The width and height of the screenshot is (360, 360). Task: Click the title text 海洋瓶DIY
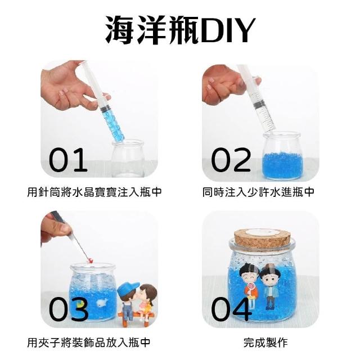pyautogui.click(x=180, y=30)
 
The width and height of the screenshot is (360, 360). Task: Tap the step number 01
pyautogui.click(x=68, y=160)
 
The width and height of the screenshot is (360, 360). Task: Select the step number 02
pyautogui.click(x=231, y=160)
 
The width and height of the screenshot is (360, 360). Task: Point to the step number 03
pyautogui.click(x=69, y=309)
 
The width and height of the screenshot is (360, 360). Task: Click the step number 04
pyautogui.click(x=231, y=309)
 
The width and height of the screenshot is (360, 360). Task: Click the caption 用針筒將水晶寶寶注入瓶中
pyautogui.click(x=94, y=192)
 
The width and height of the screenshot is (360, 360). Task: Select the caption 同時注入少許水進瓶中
pyautogui.click(x=258, y=192)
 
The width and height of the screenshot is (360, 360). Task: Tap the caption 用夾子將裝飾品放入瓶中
pyautogui.click(x=89, y=343)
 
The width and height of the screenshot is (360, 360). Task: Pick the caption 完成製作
pyautogui.click(x=265, y=343)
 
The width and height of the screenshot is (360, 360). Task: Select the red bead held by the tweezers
pyautogui.click(x=91, y=260)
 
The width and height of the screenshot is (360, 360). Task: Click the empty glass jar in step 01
pyautogui.click(x=128, y=159)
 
